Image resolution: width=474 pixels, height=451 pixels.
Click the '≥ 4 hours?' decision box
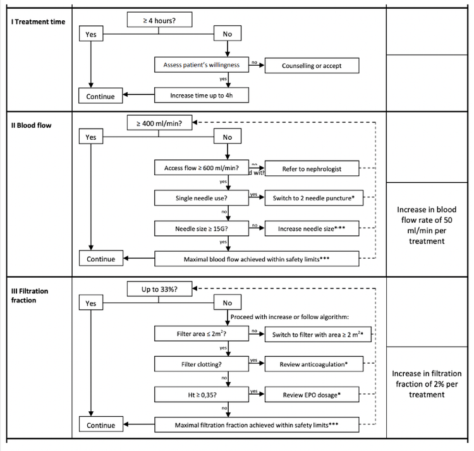coord(159,20)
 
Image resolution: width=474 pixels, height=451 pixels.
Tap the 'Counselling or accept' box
coord(313,65)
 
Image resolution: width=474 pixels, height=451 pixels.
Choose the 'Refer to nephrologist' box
coord(313,168)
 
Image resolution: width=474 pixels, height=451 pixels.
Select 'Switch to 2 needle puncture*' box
coord(313,198)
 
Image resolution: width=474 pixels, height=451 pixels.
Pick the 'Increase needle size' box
coord(313,228)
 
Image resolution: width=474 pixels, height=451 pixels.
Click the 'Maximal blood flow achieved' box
coord(257,259)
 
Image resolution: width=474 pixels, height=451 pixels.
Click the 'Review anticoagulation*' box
coord(313,364)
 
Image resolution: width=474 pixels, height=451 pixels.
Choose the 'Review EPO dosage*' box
coord(313,394)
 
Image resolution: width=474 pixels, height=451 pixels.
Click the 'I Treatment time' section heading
coord(37,22)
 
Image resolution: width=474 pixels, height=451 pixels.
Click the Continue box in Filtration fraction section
coord(101,424)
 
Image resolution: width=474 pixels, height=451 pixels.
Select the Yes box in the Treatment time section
coord(91,35)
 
